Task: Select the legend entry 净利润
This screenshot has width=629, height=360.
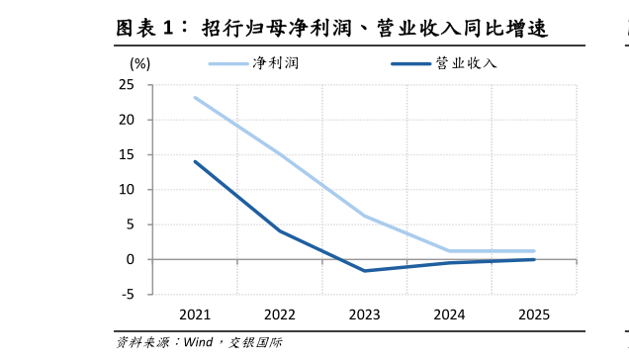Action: (276, 63)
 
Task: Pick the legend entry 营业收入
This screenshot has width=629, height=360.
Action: (465, 63)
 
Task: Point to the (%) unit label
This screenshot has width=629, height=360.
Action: (140, 63)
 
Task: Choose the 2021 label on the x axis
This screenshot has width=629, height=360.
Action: (195, 315)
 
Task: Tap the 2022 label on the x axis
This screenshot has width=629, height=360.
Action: (280, 315)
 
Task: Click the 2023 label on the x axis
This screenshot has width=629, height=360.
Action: (365, 315)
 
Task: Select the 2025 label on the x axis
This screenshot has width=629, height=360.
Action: (534, 315)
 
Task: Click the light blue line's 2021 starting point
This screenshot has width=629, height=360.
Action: (195, 97)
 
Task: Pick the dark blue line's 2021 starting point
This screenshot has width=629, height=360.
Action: (195, 161)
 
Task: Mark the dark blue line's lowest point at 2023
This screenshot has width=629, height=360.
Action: (365, 271)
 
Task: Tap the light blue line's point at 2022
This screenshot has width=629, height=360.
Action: (280, 154)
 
